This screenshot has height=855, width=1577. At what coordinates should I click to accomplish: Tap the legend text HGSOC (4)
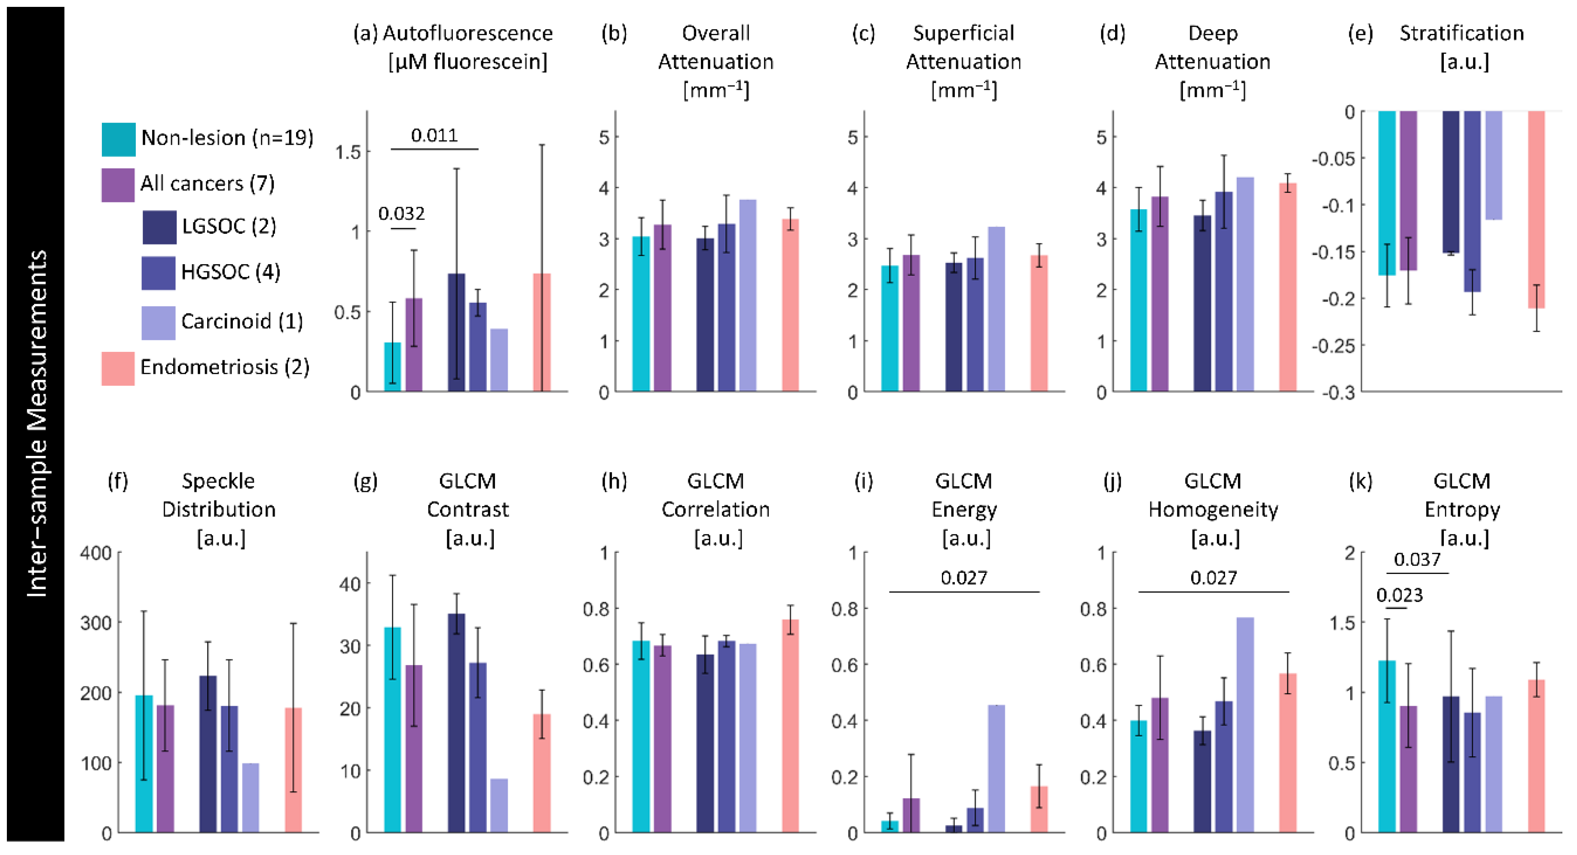pos(230,272)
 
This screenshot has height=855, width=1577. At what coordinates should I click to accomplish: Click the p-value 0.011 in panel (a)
pos(434,135)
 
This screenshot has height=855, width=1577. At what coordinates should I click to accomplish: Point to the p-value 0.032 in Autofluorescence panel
pos(401,214)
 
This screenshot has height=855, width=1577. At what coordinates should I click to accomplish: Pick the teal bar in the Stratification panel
pos(1387,193)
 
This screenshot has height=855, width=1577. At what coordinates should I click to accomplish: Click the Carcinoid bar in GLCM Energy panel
pos(996,768)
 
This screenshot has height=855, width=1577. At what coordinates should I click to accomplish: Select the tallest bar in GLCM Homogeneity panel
pos(1244,725)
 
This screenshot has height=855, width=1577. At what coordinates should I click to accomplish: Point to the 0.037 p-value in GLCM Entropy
pos(1417,559)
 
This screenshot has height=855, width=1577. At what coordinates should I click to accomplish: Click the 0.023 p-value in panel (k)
pos(1400,595)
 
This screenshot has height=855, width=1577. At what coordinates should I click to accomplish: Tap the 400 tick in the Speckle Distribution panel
pos(96,553)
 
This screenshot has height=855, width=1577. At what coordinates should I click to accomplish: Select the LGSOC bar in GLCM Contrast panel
pos(456,723)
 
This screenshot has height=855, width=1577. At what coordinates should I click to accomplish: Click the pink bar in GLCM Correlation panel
pos(790,725)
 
